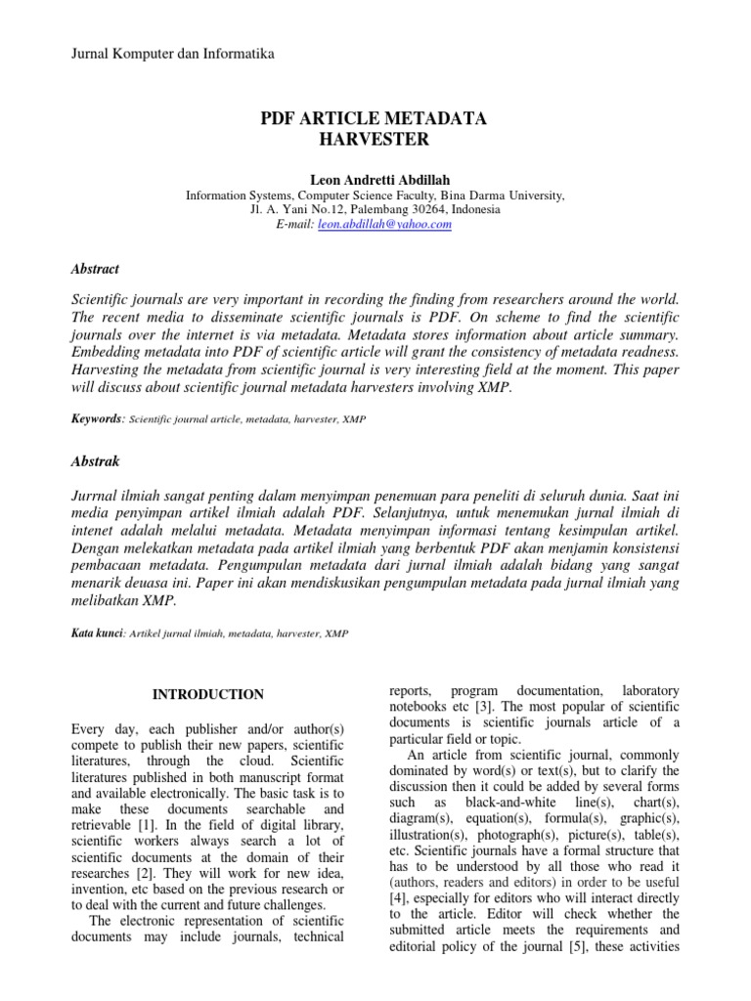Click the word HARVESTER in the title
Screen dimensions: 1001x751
(375, 141)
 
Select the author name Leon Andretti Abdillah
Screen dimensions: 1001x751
(375, 180)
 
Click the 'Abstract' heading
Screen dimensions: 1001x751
(96, 268)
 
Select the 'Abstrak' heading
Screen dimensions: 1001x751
(96, 460)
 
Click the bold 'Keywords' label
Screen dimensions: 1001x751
(98, 418)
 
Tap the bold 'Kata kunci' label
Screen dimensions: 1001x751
(97, 633)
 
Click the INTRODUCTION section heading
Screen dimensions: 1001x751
(207, 695)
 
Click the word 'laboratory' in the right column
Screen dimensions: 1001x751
(642, 691)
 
